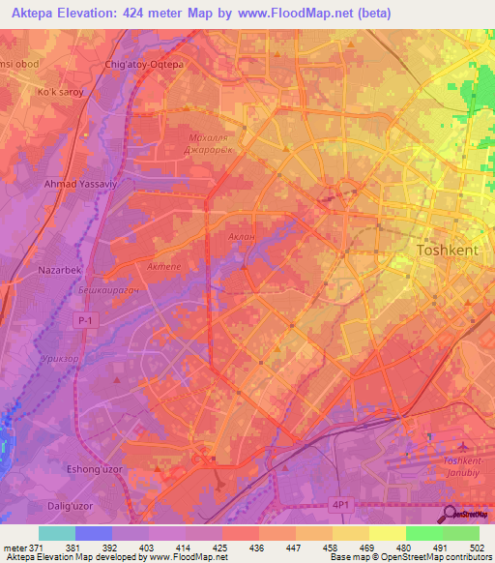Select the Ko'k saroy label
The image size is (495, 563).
60,93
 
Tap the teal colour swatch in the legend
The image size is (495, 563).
56,533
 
